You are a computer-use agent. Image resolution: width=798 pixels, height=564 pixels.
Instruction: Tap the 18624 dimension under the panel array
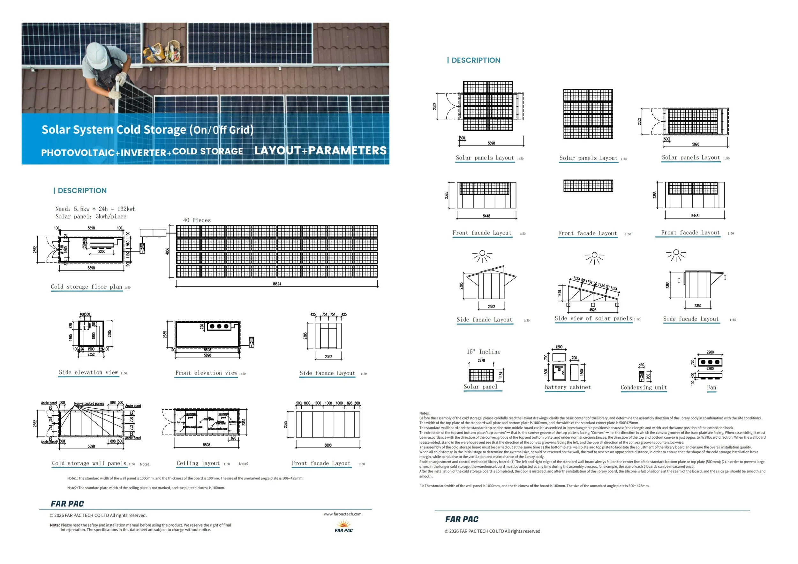[x=277, y=284]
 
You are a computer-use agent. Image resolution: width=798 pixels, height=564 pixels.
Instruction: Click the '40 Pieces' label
[x=197, y=220]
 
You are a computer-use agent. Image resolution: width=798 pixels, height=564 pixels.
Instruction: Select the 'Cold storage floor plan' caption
[x=87, y=287]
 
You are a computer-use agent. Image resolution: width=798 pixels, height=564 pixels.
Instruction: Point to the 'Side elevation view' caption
[x=88, y=372]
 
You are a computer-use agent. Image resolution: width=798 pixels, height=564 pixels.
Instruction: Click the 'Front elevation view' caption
[x=206, y=373]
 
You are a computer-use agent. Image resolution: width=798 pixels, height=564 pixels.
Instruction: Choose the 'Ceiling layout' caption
[x=198, y=463]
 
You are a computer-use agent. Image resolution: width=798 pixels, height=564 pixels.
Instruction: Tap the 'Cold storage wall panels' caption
[x=89, y=463]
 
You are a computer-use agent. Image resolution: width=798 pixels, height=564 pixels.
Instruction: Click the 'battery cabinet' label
[x=568, y=387]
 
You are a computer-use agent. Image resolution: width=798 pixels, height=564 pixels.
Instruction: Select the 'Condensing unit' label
[x=644, y=388]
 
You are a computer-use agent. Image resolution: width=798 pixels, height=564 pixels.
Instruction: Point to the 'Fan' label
[x=711, y=388]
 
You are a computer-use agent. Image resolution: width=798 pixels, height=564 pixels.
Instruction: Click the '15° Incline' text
[x=484, y=352]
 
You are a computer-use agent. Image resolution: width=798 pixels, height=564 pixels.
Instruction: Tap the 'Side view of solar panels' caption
[x=593, y=318]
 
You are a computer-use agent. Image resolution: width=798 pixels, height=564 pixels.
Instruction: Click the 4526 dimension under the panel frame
[x=592, y=310]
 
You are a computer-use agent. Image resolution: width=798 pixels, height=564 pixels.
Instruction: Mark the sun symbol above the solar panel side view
[x=594, y=257]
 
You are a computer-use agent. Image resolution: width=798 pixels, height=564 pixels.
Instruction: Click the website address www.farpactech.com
[x=343, y=514]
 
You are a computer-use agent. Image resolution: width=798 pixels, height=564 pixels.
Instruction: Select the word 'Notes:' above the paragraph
[x=424, y=413]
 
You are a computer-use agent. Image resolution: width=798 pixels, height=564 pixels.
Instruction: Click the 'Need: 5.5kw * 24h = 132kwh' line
[x=95, y=209]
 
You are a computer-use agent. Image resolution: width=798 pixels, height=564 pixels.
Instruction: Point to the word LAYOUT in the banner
[x=277, y=150]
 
